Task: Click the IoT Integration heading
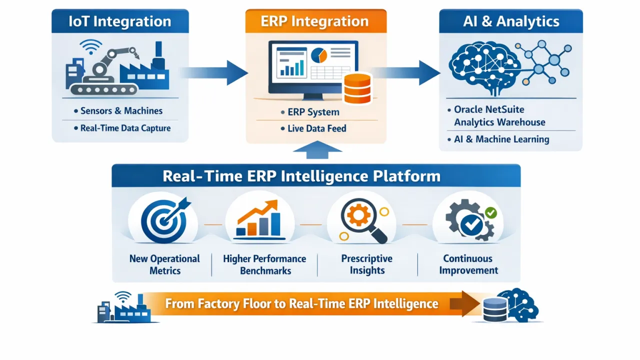pos(120,21)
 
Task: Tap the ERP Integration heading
pos(315,21)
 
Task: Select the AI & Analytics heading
pos(510,21)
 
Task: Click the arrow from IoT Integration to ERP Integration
pos(215,72)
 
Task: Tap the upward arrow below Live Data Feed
pos(317,147)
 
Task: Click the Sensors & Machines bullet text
pos(121,111)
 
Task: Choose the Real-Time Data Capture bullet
pos(125,128)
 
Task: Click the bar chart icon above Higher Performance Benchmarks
pos(258,220)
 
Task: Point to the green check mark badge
pos(491,213)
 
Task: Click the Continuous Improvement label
pos(468,264)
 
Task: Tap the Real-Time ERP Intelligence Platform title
pos(301,176)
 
